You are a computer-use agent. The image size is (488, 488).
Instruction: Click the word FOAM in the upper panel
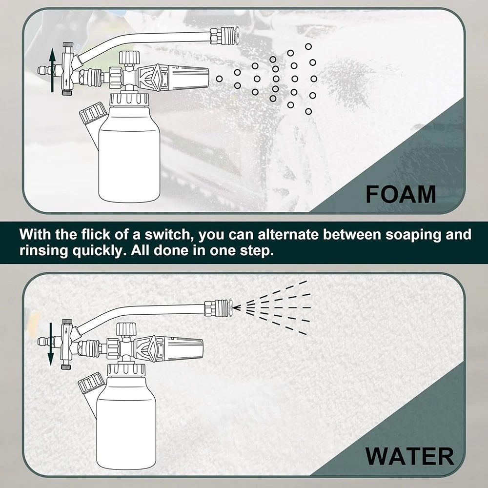[x=401, y=194]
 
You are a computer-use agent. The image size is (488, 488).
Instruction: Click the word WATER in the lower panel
[x=409, y=456]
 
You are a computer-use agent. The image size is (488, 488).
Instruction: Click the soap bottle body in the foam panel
[x=129, y=156]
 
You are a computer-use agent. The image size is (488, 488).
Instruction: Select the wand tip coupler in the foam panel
[x=224, y=35]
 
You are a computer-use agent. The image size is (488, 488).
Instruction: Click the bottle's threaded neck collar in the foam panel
[x=130, y=99]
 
